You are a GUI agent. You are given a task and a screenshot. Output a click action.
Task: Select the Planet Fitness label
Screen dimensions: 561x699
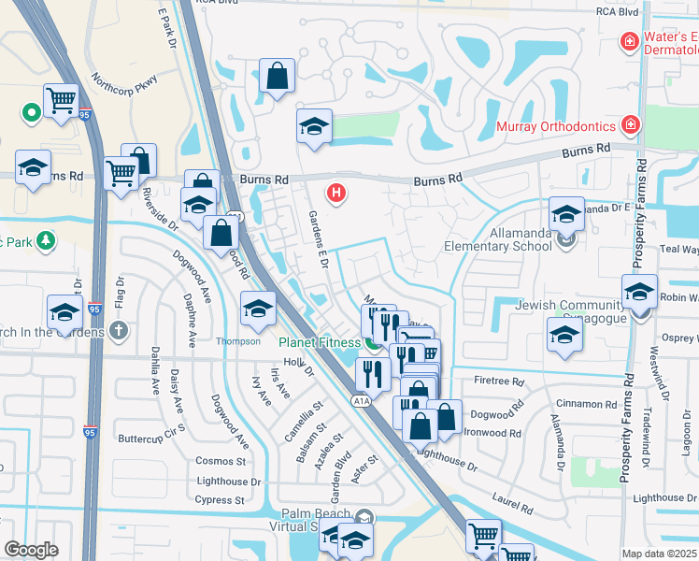pyautogui.click(x=319, y=342)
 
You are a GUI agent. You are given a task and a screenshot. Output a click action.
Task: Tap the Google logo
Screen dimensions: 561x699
pyautogui.click(x=31, y=549)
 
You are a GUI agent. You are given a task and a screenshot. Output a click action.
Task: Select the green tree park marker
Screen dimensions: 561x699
pyautogui.click(x=44, y=241)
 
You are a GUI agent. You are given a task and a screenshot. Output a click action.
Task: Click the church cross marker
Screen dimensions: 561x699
pyautogui.click(x=118, y=329)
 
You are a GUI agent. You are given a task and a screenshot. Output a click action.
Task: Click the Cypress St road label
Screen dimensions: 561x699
pyautogui.click(x=221, y=500)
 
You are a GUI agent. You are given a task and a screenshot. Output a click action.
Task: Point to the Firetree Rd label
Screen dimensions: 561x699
pyautogui.click(x=498, y=381)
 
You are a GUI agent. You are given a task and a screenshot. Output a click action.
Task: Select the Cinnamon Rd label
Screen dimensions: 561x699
pyautogui.click(x=585, y=405)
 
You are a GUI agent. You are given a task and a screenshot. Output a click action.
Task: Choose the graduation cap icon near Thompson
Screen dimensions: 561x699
pyautogui.click(x=258, y=309)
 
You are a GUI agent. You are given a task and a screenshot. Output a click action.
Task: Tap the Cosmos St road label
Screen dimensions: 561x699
pyautogui.click(x=221, y=461)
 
